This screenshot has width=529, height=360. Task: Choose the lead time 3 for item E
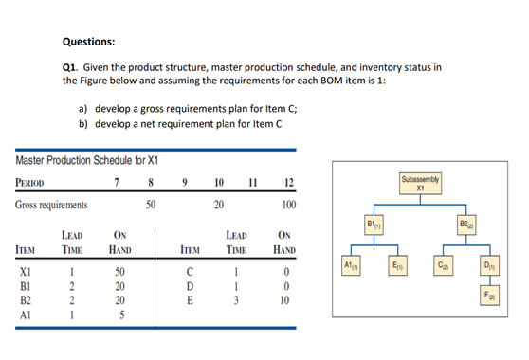click(x=233, y=301)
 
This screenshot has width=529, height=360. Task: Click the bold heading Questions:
click(x=88, y=42)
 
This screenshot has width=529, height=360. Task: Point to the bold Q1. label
click(x=69, y=67)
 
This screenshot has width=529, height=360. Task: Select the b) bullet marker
click(x=84, y=123)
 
